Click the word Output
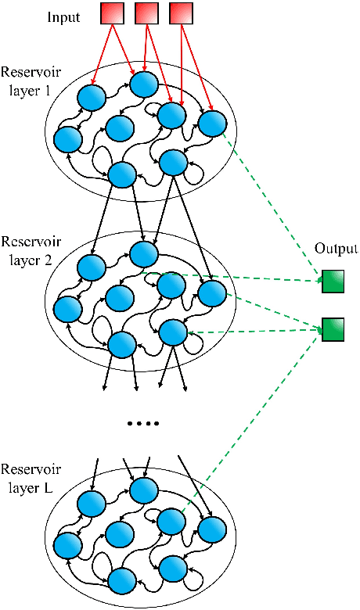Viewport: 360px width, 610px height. coord(336,249)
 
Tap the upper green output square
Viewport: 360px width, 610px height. coord(332,281)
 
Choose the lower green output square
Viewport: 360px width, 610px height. coord(332,329)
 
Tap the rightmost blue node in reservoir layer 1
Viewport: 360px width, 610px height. coord(211,123)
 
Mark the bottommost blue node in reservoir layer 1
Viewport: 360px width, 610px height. coord(122,174)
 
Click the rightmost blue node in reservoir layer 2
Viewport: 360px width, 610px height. coord(211,293)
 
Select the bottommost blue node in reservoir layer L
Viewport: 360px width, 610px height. coord(122,580)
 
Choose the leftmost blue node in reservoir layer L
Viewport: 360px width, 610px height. coord(68,544)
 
